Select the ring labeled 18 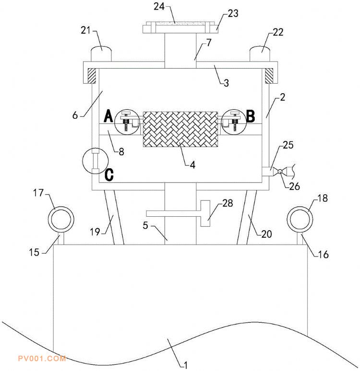coord(300,220)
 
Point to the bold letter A coord(108,115)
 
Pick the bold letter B coord(250,115)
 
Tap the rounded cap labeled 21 coord(101,52)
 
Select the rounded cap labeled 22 coord(260,52)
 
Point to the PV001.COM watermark coord(41,358)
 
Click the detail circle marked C coord(94,161)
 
